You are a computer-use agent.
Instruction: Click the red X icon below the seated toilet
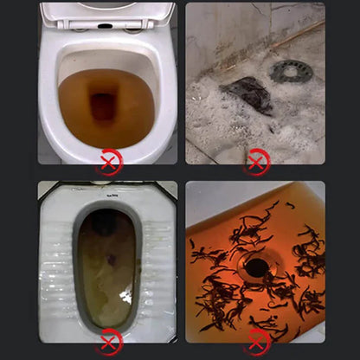click(x=108, y=162)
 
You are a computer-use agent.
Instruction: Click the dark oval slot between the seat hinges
click(x=106, y=26)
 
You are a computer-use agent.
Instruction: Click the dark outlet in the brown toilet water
click(x=104, y=107)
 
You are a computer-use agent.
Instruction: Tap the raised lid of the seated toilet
click(x=106, y=11)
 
